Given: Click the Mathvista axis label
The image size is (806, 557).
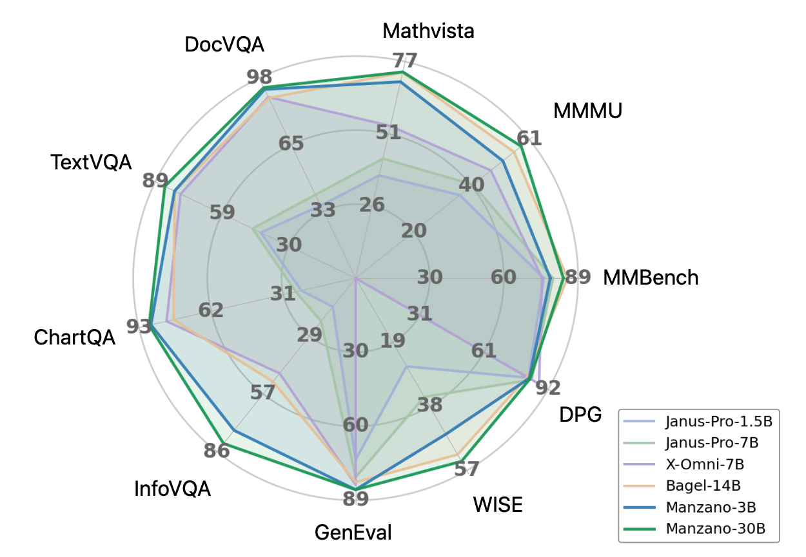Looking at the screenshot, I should (x=428, y=30).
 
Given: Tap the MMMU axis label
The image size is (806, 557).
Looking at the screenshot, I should (x=587, y=111).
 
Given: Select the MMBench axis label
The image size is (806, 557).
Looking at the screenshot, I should (x=651, y=278).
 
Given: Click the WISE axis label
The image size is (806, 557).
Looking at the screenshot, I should (x=497, y=504).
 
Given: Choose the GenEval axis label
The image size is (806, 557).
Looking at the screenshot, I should (x=353, y=533).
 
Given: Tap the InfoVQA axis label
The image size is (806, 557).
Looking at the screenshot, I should (x=172, y=489).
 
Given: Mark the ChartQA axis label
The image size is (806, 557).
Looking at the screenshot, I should (x=75, y=337).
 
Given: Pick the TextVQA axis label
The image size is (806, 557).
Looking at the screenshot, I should (x=91, y=162).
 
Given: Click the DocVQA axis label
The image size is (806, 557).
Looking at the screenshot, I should (x=224, y=45).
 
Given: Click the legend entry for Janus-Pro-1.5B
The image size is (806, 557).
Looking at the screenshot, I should (x=717, y=422).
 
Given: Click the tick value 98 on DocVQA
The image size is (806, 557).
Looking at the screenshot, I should (x=259, y=77).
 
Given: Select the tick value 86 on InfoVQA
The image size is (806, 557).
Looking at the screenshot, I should (x=216, y=450).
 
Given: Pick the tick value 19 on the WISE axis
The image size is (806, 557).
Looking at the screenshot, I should (x=392, y=341).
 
